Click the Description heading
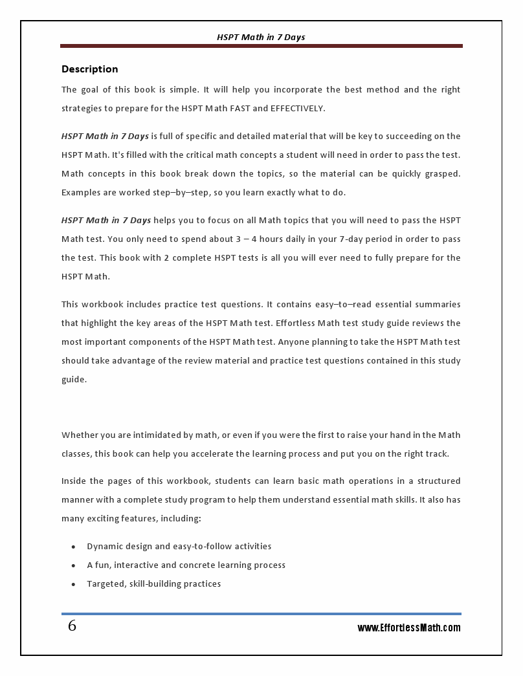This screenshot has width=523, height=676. point(89,69)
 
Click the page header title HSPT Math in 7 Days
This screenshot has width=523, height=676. point(261,37)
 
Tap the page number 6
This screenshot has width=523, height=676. point(72,626)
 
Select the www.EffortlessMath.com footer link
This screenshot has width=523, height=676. point(409,627)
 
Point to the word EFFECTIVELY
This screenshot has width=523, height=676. point(297,108)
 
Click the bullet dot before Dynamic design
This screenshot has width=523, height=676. point(74,547)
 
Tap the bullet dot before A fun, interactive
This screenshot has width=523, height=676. point(74,565)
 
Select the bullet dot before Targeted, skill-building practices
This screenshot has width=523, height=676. point(74,584)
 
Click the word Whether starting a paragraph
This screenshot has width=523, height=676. point(80,435)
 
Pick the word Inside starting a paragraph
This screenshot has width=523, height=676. point(76,481)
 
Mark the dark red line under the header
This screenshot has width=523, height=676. point(261,46)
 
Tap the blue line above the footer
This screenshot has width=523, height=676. point(261,613)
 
